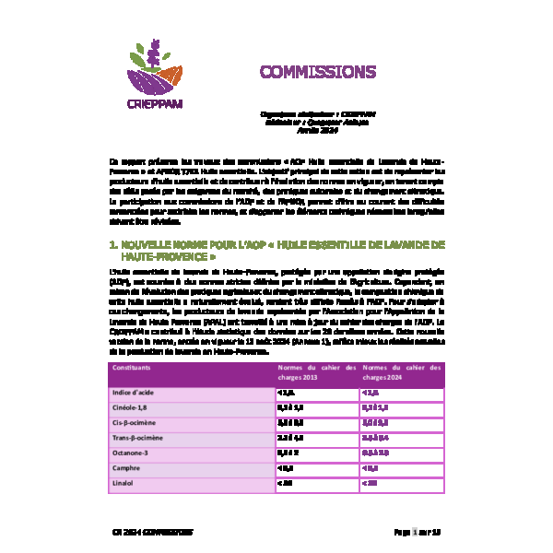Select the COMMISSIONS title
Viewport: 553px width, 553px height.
click(x=304, y=72)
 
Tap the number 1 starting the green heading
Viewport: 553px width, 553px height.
click(x=112, y=244)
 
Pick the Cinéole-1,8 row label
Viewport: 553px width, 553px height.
click(x=131, y=409)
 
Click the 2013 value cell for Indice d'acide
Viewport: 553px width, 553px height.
click(x=287, y=393)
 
